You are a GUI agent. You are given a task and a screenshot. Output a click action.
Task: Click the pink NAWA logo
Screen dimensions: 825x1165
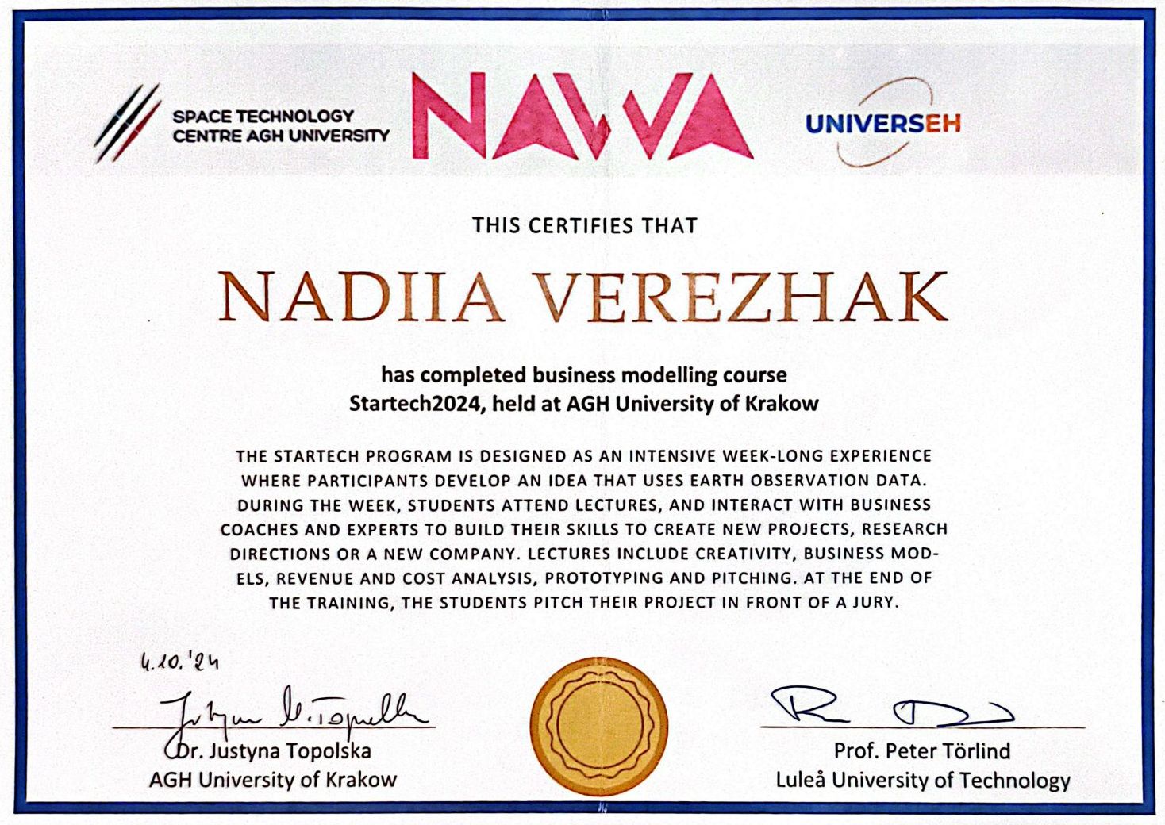(582, 117)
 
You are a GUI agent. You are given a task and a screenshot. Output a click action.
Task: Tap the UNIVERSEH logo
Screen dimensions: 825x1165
(882, 124)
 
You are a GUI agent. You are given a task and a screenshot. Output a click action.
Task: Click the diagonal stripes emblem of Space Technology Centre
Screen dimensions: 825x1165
(127, 123)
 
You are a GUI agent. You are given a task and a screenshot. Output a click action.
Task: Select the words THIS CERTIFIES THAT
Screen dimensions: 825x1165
(585, 226)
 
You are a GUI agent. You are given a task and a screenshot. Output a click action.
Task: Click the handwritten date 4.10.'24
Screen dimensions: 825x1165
(179, 661)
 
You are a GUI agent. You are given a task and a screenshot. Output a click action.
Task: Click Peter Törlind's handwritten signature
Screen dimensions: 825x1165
(889, 706)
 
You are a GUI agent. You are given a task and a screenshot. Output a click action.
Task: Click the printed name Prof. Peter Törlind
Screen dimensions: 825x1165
(921, 750)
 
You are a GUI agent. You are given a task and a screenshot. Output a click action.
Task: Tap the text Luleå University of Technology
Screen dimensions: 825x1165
(922, 781)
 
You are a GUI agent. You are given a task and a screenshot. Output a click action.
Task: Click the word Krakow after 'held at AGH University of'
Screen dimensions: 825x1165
(782, 404)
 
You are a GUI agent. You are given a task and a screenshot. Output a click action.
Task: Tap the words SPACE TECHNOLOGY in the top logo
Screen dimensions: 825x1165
(263, 117)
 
